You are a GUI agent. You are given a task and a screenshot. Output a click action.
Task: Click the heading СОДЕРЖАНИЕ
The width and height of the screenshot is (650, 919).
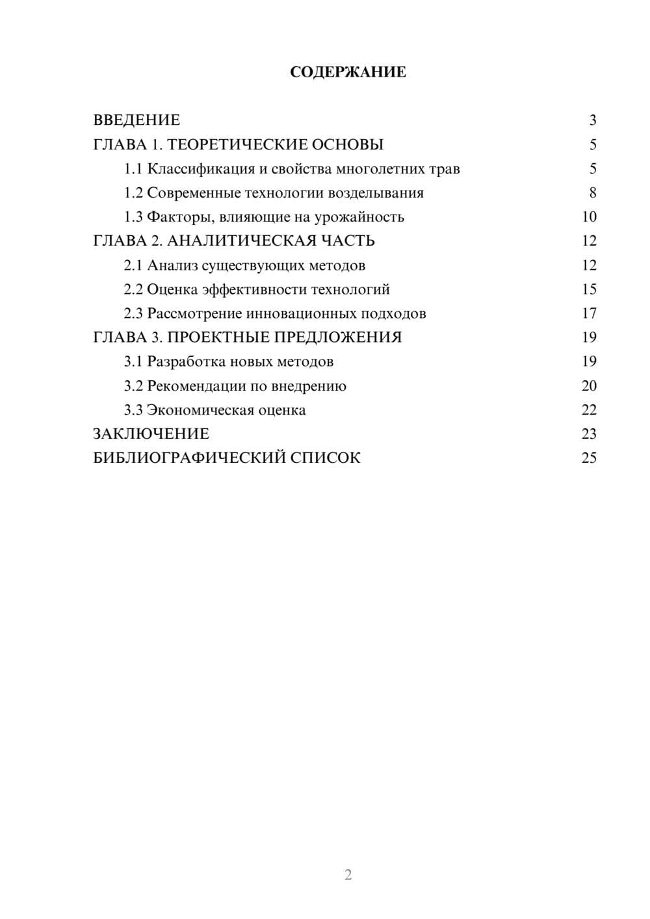coord(348,72)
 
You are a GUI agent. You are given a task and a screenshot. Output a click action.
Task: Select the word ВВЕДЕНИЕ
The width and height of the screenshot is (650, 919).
coord(136,120)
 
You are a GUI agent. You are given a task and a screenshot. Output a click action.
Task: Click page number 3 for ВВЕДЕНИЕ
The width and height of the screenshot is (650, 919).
coord(592,120)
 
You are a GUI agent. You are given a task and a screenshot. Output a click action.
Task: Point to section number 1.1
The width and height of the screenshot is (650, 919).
coord(133,169)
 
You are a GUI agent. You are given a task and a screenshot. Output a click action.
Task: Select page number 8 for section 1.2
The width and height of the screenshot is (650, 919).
coord(592,193)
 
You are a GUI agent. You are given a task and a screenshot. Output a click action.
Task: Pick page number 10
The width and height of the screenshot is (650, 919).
coord(589,217)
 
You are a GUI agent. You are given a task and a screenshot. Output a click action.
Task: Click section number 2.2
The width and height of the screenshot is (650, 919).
coord(133,289)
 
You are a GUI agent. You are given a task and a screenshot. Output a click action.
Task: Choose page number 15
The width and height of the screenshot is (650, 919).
coord(589,289)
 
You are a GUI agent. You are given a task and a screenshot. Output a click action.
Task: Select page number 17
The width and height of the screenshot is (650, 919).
coord(589,313)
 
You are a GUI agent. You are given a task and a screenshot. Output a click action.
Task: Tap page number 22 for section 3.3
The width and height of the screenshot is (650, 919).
coord(589,410)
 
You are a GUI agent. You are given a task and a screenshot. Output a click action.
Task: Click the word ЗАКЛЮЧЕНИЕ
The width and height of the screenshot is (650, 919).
coord(151,434)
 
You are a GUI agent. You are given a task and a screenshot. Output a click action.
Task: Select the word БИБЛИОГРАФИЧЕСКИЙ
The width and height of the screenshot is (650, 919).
coord(189,458)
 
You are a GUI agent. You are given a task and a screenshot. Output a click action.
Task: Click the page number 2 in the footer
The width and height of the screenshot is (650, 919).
coord(348,875)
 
